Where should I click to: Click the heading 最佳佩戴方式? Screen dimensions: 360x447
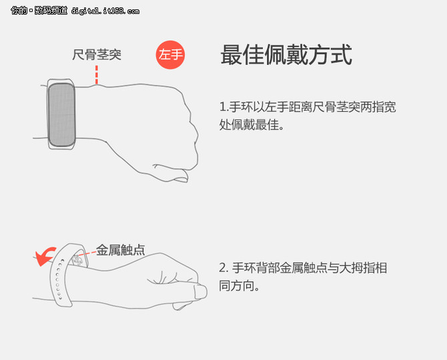point(286,55)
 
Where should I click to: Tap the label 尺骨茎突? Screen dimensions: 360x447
point(97,55)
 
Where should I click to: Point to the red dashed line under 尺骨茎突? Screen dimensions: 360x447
point(97,74)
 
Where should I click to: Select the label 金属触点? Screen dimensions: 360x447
point(120,250)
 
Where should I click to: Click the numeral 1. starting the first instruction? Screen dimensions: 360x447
point(223,107)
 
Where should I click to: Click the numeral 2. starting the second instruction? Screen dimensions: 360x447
point(223,268)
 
